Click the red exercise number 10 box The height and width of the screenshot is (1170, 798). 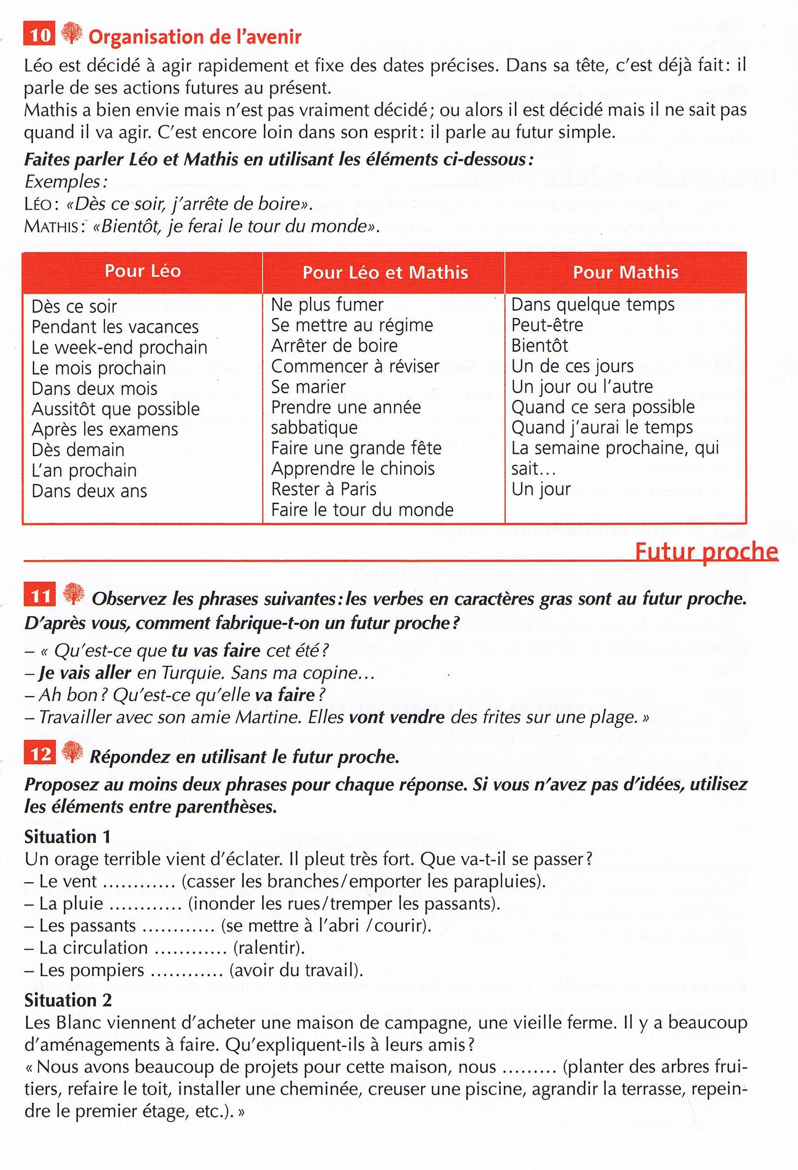coord(39,35)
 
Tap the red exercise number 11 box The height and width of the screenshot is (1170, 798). coord(40,596)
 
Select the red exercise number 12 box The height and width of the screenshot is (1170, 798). coord(40,754)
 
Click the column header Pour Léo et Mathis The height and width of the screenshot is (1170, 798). coord(385,272)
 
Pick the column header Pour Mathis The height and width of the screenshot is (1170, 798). coord(625,272)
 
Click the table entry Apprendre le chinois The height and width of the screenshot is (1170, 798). coord(353,469)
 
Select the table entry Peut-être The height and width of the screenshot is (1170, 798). coord(547,325)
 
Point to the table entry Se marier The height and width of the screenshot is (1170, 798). coord(308,387)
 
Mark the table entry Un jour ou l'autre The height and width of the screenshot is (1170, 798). coord(582,387)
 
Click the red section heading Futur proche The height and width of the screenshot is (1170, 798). coord(706,552)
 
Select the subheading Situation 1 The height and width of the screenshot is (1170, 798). coord(67,837)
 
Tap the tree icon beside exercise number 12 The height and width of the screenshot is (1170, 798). coord(72,753)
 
